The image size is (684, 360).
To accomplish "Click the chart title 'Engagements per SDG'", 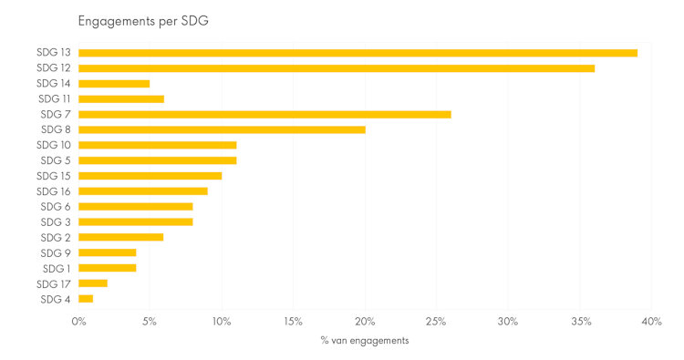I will tap(143, 21).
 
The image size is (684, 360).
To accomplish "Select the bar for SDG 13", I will tap(358, 53).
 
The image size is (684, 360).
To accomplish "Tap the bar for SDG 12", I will tap(337, 68).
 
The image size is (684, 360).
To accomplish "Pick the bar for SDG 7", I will tap(264, 114).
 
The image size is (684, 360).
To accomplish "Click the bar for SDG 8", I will tap(222, 129).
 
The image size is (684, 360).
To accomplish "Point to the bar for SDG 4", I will tap(86, 299).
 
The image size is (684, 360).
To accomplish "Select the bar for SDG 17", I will tap(93, 283).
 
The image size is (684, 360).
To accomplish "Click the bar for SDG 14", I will tap(114, 84).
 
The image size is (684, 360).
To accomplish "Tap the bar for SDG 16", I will tap(143, 191).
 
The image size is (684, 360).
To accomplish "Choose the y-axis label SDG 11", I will tap(55, 98).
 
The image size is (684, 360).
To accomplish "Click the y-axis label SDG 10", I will tap(55, 145).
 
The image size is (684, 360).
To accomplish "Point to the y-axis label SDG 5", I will tap(57, 160).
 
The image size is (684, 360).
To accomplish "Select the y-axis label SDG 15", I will tap(55, 176).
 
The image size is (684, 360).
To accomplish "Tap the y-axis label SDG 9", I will tap(57, 252).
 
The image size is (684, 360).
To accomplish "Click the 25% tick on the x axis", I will tap(436, 322).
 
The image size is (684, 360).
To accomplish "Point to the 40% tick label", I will tap(650, 322).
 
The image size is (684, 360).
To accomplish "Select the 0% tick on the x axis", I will tap(79, 322).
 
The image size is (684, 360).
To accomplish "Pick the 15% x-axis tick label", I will tap(293, 322).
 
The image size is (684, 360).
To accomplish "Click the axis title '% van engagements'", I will tap(365, 341).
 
